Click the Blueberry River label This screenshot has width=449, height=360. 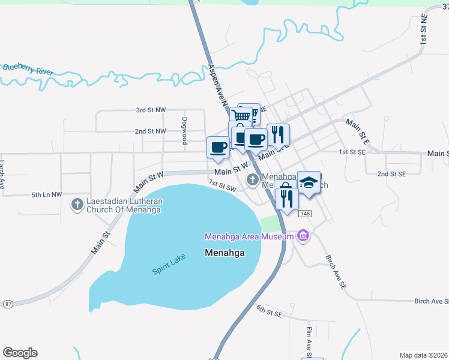pos(28,69)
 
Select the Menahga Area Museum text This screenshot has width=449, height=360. pos(249,236)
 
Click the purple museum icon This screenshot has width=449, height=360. pos(303,236)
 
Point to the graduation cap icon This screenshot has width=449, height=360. pos(309,182)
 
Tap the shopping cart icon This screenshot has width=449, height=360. pos(241,115)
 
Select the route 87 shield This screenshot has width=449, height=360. pos(7,304)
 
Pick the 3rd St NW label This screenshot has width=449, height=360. pos(150,110)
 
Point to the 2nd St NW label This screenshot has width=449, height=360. pos(150,131)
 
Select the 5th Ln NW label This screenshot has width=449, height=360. pos(47,194)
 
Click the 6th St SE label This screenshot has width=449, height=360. pos(269,310)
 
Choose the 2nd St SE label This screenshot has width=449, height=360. pos(392,173)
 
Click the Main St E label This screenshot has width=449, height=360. pos(357,131)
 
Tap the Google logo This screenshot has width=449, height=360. pos(20,353)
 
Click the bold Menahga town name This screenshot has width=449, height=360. pos(224,253)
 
